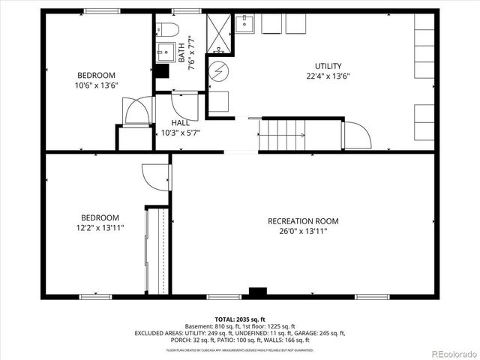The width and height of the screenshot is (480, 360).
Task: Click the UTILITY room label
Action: coord(328,66)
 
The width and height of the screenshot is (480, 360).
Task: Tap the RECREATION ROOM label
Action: coord(303,221)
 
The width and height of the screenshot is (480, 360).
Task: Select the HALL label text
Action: coord(180,123)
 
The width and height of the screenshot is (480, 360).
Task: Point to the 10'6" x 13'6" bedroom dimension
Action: coord(97,85)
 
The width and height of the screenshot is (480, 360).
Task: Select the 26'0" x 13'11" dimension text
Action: coord(303,232)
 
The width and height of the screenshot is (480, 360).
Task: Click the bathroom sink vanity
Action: coord(165,53)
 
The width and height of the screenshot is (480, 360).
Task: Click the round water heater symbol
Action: coord(218,72)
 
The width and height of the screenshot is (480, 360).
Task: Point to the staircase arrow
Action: coord(286,136)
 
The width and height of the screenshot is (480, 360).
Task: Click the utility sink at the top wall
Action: coord(244,24)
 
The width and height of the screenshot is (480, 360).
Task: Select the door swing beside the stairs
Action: coord(356,134)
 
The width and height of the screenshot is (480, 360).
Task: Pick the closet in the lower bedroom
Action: coord(157,250)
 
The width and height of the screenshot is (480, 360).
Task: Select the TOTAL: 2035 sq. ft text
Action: coord(240,319)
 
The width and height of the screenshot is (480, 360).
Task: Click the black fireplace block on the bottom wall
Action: coord(258,293)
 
